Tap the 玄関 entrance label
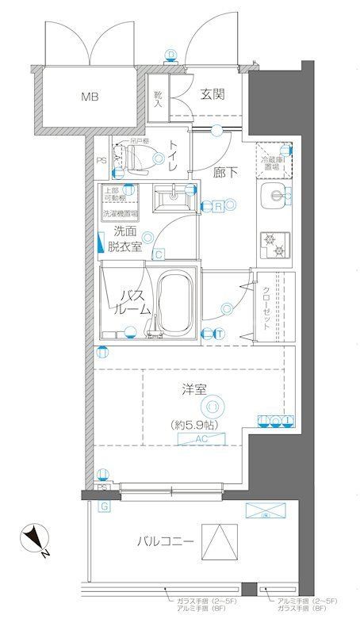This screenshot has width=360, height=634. click(212, 94)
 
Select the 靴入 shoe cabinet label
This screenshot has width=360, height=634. click(157, 97)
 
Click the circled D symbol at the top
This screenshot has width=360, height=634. click(170, 55)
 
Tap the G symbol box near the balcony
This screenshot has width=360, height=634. click(103, 506)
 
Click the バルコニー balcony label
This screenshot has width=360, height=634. click(165, 542)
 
